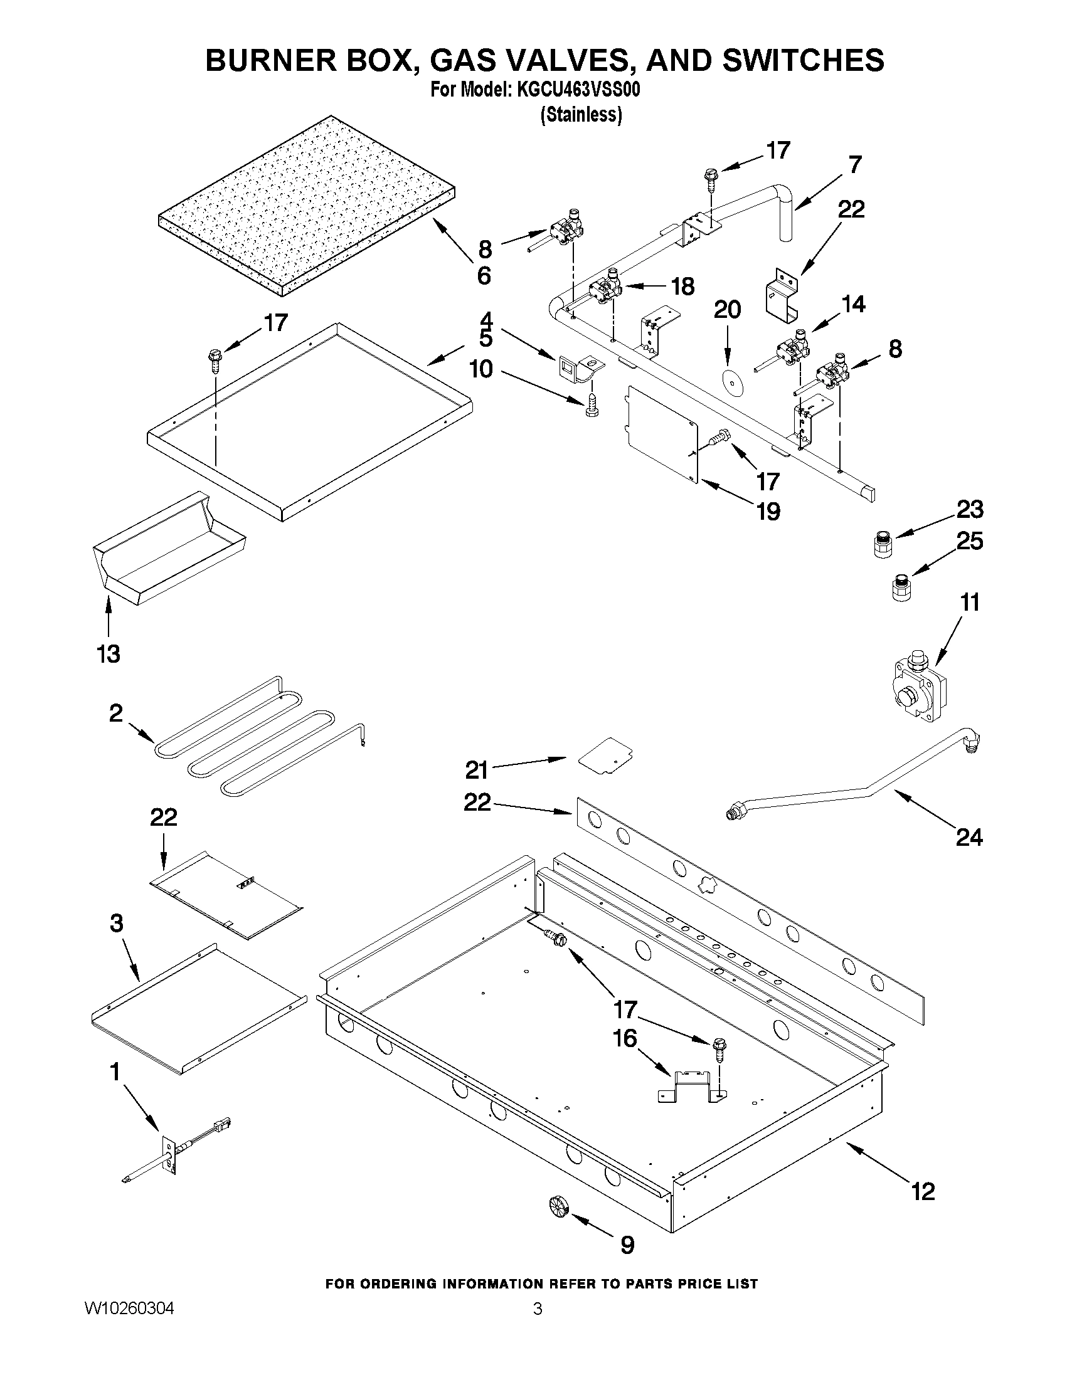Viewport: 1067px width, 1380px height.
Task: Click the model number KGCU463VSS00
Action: click(x=578, y=91)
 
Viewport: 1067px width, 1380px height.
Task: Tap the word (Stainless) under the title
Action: click(x=581, y=115)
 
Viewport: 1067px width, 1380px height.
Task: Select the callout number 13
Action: click(x=108, y=654)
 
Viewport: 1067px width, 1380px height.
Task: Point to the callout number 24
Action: click(x=969, y=837)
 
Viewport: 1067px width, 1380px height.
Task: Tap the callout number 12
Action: click(x=923, y=1192)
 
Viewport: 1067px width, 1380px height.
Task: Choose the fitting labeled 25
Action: click(x=900, y=587)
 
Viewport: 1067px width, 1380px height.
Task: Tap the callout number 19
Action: click(x=768, y=511)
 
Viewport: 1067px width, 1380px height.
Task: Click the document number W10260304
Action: click(x=129, y=1308)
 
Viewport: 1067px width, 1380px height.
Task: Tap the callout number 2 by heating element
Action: click(x=115, y=713)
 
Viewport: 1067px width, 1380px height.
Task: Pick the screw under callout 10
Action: click(x=592, y=405)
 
